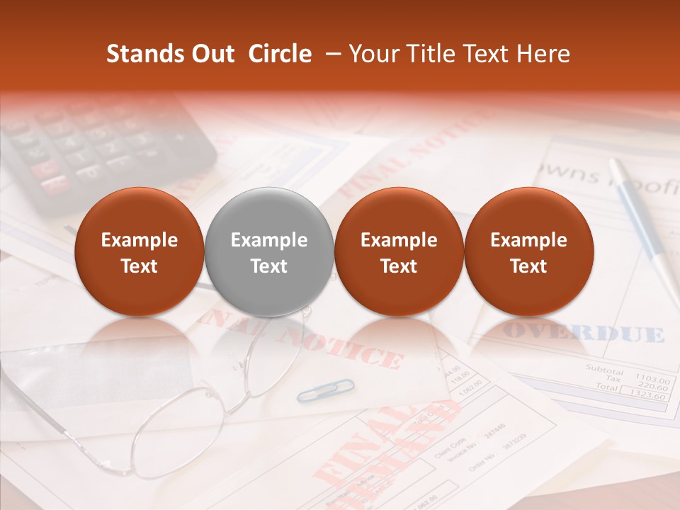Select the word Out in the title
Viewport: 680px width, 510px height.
coord(213,54)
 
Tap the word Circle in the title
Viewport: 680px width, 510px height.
coord(280,54)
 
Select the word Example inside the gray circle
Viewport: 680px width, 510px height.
coord(268,240)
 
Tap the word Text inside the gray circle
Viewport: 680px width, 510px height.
coord(268,266)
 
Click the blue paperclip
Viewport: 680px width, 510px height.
coord(325,390)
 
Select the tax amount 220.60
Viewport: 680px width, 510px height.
coord(652,387)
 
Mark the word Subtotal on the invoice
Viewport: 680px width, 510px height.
coord(604,370)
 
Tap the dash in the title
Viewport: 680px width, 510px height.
coord(329,54)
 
